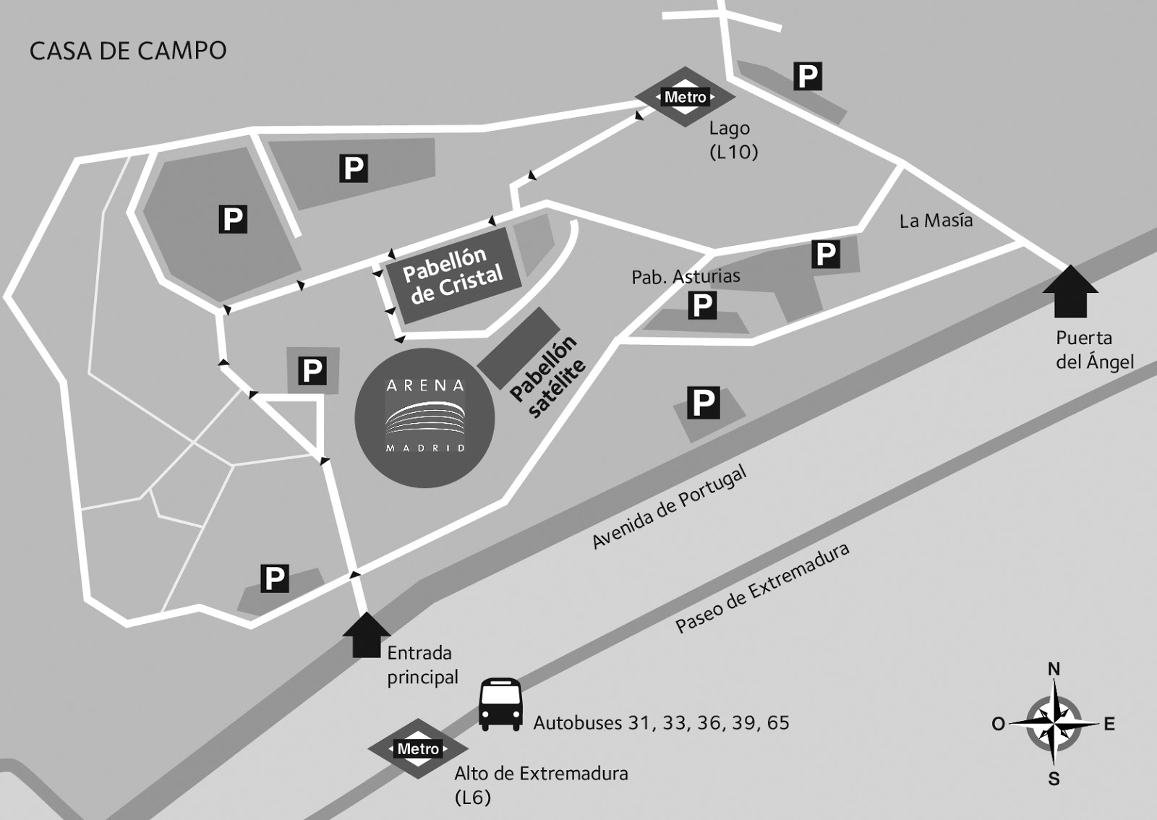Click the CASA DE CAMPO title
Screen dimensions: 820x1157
128,51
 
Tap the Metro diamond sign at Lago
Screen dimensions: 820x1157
685,97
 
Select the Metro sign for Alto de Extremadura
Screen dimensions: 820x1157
418,749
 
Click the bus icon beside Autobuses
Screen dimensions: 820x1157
500,704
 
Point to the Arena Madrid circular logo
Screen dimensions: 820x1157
424,417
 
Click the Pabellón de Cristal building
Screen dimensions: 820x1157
453,275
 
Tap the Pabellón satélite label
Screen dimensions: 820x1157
547,377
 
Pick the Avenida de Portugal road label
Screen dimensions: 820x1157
669,507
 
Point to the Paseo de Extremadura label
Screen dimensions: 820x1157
762,588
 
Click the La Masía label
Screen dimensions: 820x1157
936,221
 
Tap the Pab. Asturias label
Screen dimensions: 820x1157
686,276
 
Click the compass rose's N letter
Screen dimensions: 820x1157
1054,670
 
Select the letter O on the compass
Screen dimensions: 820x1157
998,724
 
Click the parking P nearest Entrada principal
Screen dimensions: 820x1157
275,578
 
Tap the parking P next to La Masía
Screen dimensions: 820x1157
826,254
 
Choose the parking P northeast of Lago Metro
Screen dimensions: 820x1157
808,76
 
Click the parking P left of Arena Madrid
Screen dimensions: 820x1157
312,371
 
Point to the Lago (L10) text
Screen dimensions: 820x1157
732,140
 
